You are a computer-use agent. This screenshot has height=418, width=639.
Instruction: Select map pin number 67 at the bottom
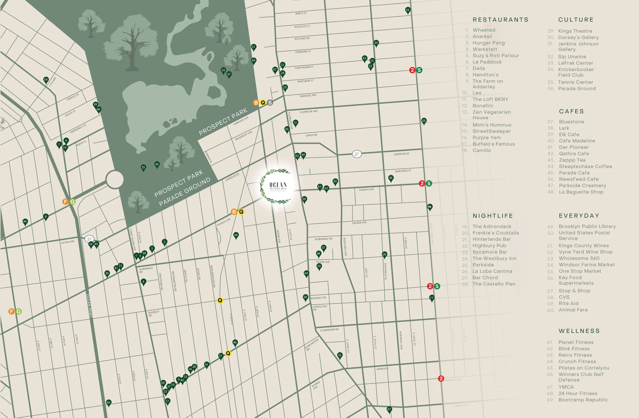tap(389, 409)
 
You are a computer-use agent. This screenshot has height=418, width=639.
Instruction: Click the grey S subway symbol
tap(270, 102)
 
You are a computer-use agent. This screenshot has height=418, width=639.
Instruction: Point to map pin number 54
tap(46, 80)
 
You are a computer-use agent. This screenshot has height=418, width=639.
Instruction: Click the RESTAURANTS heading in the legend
tap(500, 20)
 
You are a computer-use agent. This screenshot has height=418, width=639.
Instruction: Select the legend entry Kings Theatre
tap(575, 31)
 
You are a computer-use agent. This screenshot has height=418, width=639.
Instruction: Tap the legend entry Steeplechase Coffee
tap(585, 166)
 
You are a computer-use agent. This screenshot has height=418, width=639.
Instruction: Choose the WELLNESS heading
tap(579, 331)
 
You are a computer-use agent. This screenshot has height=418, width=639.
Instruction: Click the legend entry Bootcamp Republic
tap(583, 400)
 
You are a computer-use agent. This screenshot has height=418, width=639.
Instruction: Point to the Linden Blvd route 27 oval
tap(356, 154)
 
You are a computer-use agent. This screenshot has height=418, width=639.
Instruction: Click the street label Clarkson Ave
tap(309, 111)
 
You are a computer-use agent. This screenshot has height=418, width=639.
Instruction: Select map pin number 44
tap(25, 222)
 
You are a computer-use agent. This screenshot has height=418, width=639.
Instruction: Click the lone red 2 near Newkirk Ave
tap(441, 379)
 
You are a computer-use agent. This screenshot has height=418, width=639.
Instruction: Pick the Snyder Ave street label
tap(359, 223)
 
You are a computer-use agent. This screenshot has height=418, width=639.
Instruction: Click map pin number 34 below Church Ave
tap(236, 235)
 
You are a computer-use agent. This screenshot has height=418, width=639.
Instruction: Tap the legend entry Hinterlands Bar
tap(491, 239)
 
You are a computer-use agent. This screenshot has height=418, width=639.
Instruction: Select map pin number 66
tap(108, 402)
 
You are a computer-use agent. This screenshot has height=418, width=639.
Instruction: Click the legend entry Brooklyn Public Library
tap(587, 226)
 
